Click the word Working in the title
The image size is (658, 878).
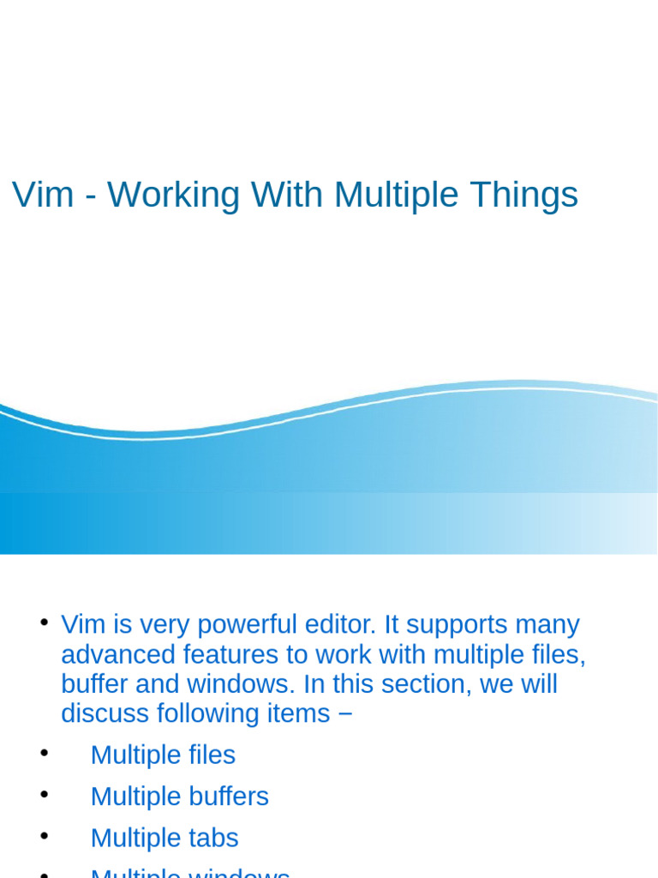pyautogui.click(x=173, y=196)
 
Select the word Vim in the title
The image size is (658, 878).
pyautogui.click(x=43, y=195)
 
